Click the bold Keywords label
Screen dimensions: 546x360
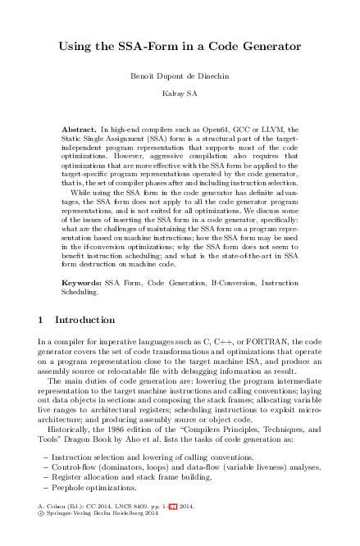pos(81,280)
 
